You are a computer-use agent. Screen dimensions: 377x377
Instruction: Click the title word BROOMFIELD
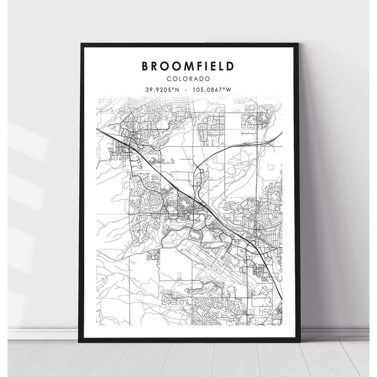[x=189, y=66]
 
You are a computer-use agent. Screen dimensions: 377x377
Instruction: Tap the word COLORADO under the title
[x=189, y=78]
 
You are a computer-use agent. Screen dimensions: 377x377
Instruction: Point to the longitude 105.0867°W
[x=212, y=89]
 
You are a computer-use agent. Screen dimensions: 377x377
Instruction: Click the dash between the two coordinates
[x=187, y=89]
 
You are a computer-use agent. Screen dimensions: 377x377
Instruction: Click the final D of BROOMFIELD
[x=231, y=66]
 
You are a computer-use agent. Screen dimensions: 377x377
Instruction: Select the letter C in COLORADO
[x=170, y=78]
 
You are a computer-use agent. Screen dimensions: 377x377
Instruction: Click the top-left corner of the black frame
[x=82, y=43]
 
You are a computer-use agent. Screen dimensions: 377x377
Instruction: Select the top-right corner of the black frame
[x=297, y=43]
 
